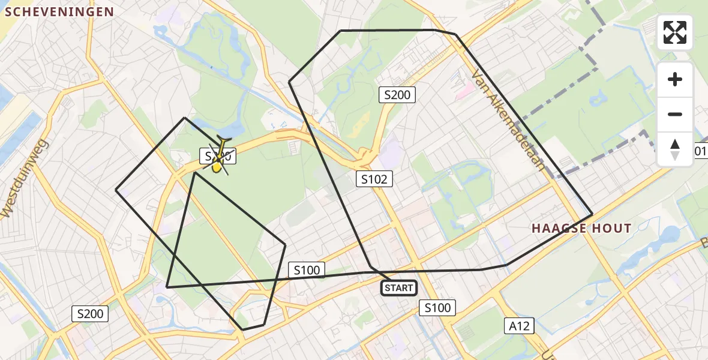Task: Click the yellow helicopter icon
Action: tap(219, 157)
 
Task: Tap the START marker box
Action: tap(399, 289)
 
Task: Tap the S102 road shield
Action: tap(374, 178)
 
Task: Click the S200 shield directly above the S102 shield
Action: tap(397, 94)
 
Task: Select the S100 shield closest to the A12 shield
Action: tap(437, 308)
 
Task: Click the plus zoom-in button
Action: tap(675, 80)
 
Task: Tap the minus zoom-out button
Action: tap(675, 115)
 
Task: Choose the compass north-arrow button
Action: tap(675, 149)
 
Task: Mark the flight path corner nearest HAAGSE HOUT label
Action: tap(592, 214)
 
